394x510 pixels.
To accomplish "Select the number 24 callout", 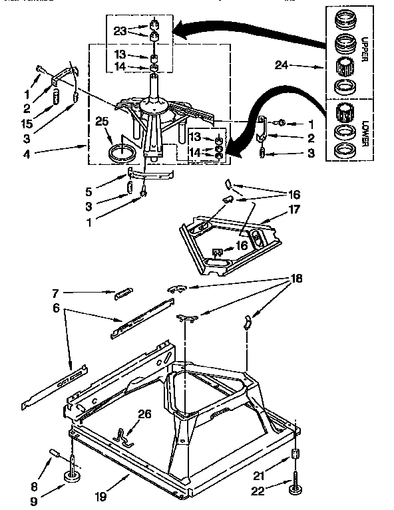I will pyautogui.click(x=282, y=65).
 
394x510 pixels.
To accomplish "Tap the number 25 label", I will pyautogui.click(x=102, y=122).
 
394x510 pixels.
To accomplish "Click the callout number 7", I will pyautogui.click(x=56, y=292).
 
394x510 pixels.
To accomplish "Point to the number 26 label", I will pyautogui.click(x=144, y=414).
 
